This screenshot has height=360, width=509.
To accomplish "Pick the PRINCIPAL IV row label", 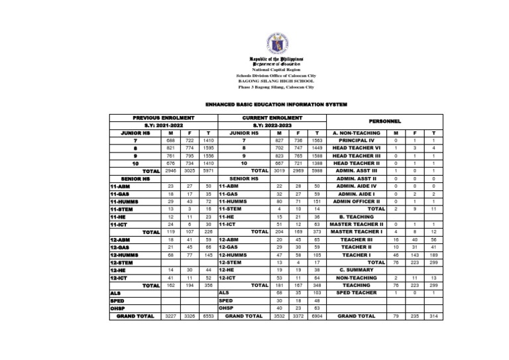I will pos(358,141).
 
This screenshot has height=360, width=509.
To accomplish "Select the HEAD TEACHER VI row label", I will pos(358,149).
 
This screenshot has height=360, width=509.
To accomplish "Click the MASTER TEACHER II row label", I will pos(358,224).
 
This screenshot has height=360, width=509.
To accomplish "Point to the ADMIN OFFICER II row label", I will pos(358,202).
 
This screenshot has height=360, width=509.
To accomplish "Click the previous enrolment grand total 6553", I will pos(208,316).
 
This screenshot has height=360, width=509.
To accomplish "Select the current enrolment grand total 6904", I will pos(317,316).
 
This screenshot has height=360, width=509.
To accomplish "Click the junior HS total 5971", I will pos(208,171).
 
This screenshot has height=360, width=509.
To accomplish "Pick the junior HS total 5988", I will pos(317,171).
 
